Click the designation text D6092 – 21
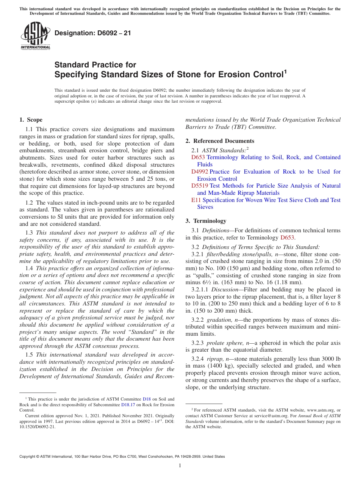click(x=93, y=33)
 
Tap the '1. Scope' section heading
click(x=31, y=120)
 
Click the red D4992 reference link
click(x=199, y=172)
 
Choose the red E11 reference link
click(x=196, y=200)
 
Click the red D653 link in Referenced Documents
click(x=198, y=157)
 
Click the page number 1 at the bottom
click(x=180, y=466)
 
